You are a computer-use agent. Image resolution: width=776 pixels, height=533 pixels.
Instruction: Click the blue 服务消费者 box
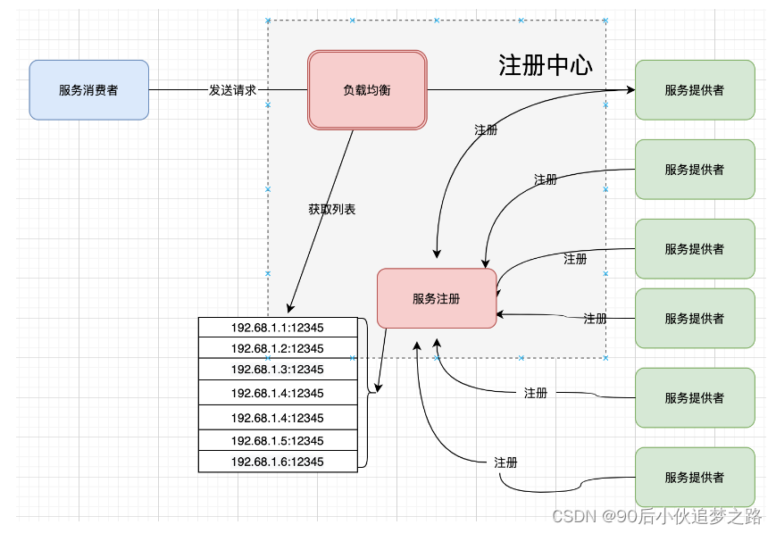[88, 89]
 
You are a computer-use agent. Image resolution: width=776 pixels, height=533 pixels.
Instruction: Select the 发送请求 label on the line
[232, 90]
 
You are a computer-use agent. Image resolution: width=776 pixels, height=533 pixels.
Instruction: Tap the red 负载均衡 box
[367, 90]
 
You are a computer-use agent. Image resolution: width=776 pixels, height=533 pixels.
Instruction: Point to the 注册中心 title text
[545, 66]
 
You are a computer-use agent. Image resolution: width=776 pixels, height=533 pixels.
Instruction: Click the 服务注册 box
[437, 299]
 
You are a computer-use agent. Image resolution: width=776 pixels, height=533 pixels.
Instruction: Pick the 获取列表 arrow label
[332, 210]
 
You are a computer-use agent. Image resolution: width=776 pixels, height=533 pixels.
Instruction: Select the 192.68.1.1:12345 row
[277, 328]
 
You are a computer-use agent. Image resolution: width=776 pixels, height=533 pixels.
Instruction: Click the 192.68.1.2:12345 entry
[277, 348]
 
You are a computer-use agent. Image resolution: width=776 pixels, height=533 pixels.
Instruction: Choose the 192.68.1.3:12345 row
[277, 370]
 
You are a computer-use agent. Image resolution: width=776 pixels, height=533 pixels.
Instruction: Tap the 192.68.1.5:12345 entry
[277, 441]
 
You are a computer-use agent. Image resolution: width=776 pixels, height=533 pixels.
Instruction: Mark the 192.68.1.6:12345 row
[277, 462]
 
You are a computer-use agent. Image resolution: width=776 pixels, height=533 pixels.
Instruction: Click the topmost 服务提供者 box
[695, 90]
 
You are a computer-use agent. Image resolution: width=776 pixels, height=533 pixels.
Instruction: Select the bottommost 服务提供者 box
[695, 478]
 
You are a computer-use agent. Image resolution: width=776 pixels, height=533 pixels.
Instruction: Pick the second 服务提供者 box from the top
[695, 170]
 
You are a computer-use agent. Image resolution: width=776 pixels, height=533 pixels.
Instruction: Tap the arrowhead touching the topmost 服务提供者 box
[630, 90]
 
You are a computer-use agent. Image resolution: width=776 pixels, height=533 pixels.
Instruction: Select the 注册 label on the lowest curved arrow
[505, 462]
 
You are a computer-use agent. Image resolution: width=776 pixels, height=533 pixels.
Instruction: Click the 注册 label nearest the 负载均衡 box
[486, 129]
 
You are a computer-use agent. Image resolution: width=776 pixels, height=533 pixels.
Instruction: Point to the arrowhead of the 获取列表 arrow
[290, 309]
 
